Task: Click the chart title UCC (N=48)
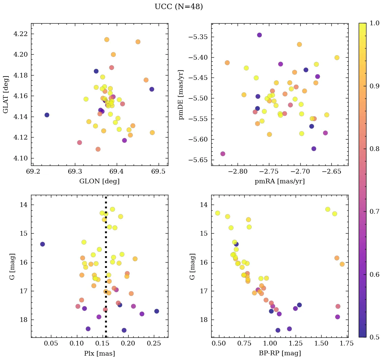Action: pyautogui.click(x=179, y=7)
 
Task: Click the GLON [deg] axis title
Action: pyautogui.click(x=99, y=181)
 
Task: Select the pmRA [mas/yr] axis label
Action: pyautogui.click(x=279, y=181)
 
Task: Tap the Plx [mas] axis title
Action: pyautogui.click(x=99, y=353)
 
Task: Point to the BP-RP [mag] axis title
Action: pyautogui.click(x=279, y=353)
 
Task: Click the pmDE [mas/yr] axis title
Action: pyautogui.click(x=182, y=94)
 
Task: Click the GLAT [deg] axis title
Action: pyautogui.click(x=6, y=94)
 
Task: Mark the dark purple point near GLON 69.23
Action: pyautogui.click(x=47, y=115)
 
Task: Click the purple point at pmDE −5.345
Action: pyautogui.click(x=259, y=35)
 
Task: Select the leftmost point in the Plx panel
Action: pyautogui.click(x=42, y=244)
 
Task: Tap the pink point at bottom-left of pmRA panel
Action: pyautogui.click(x=223, y=154)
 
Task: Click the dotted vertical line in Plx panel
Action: pyautogui.click(x=106, y=270)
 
